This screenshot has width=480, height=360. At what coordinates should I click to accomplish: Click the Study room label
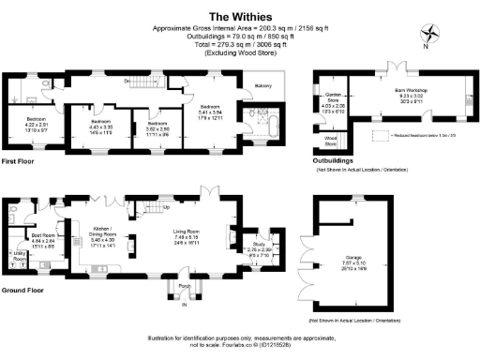259,247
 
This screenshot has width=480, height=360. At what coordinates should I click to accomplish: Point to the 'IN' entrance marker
184,305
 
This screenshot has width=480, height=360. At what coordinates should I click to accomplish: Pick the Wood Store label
330,141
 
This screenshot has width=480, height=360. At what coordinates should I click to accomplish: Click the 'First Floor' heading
21,160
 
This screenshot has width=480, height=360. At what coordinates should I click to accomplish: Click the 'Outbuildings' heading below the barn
334,160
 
